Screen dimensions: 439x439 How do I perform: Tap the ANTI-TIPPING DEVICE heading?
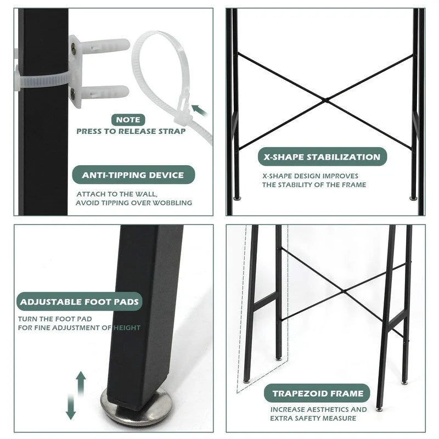point(133,175)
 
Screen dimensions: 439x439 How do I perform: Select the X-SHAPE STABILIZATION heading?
point(322,157)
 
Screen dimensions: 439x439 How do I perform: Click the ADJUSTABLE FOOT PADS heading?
point(80,301)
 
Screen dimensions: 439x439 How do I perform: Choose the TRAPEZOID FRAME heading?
point(318,393)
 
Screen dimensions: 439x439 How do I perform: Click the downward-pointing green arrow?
point(70,409)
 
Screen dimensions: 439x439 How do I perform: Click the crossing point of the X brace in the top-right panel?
point(326,100)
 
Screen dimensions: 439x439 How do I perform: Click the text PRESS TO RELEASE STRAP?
point(131,132)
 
